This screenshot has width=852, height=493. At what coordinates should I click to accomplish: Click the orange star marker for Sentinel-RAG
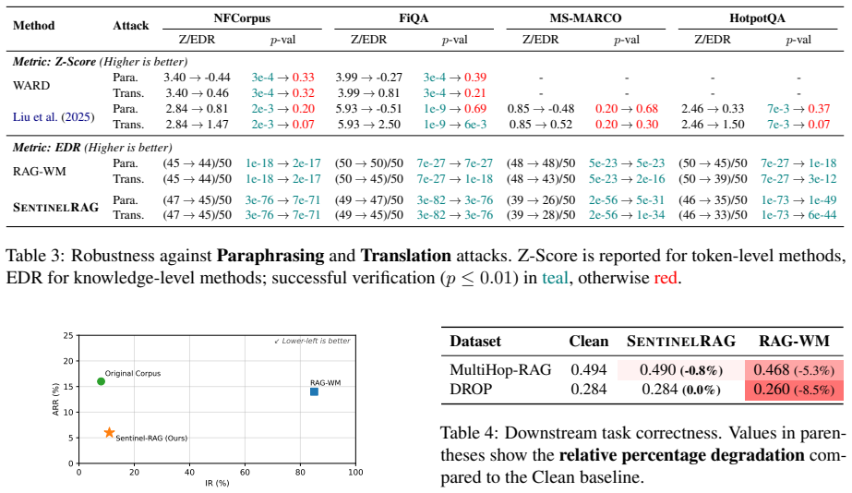point(109,433)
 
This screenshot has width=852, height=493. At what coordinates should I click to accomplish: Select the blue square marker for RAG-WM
point(314,391)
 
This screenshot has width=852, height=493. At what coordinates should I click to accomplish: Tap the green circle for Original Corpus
point(101,381)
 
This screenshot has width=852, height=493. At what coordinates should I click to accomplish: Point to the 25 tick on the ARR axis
point(68,335)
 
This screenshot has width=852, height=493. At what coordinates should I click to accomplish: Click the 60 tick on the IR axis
point(245,473)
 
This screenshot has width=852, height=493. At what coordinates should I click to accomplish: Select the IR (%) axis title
point(217,483)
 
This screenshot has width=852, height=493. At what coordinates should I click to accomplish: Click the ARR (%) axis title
point(54,400)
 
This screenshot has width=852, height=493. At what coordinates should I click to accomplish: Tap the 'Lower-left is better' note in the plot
point(312,341)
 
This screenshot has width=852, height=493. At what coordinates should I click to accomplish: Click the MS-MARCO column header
point(586,18)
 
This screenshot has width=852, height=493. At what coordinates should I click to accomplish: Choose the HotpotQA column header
point(758,18)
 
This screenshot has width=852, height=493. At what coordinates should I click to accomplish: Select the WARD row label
point(31,85)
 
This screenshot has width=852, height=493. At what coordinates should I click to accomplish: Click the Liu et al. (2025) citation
point(54,117)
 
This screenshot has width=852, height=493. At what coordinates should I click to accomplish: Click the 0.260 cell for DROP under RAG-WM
point(772,390)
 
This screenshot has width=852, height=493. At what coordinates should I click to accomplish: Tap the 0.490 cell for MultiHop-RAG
point(657,369)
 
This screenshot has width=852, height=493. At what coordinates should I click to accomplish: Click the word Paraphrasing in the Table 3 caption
point(270,256)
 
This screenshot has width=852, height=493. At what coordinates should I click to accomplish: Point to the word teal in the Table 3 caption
point(555,278)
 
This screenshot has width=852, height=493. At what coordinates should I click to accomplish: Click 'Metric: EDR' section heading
point(47,148)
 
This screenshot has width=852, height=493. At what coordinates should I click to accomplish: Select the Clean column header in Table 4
point(589,341)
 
